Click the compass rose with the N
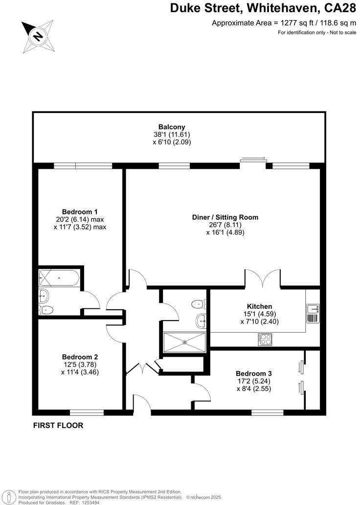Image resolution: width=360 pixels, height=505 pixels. click(37, 36)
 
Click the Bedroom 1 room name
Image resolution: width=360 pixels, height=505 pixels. click(80, 211)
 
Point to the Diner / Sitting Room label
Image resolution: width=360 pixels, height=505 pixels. click(225, 217)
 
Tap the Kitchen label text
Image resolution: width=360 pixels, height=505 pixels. click(260, 306)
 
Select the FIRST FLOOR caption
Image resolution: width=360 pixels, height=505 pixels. click(58, 426)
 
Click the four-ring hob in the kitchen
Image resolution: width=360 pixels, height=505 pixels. click(266, 338)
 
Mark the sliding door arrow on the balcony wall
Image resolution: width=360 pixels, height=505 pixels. click(254, 159)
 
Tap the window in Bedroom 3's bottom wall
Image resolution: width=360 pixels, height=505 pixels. click(268, 413)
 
